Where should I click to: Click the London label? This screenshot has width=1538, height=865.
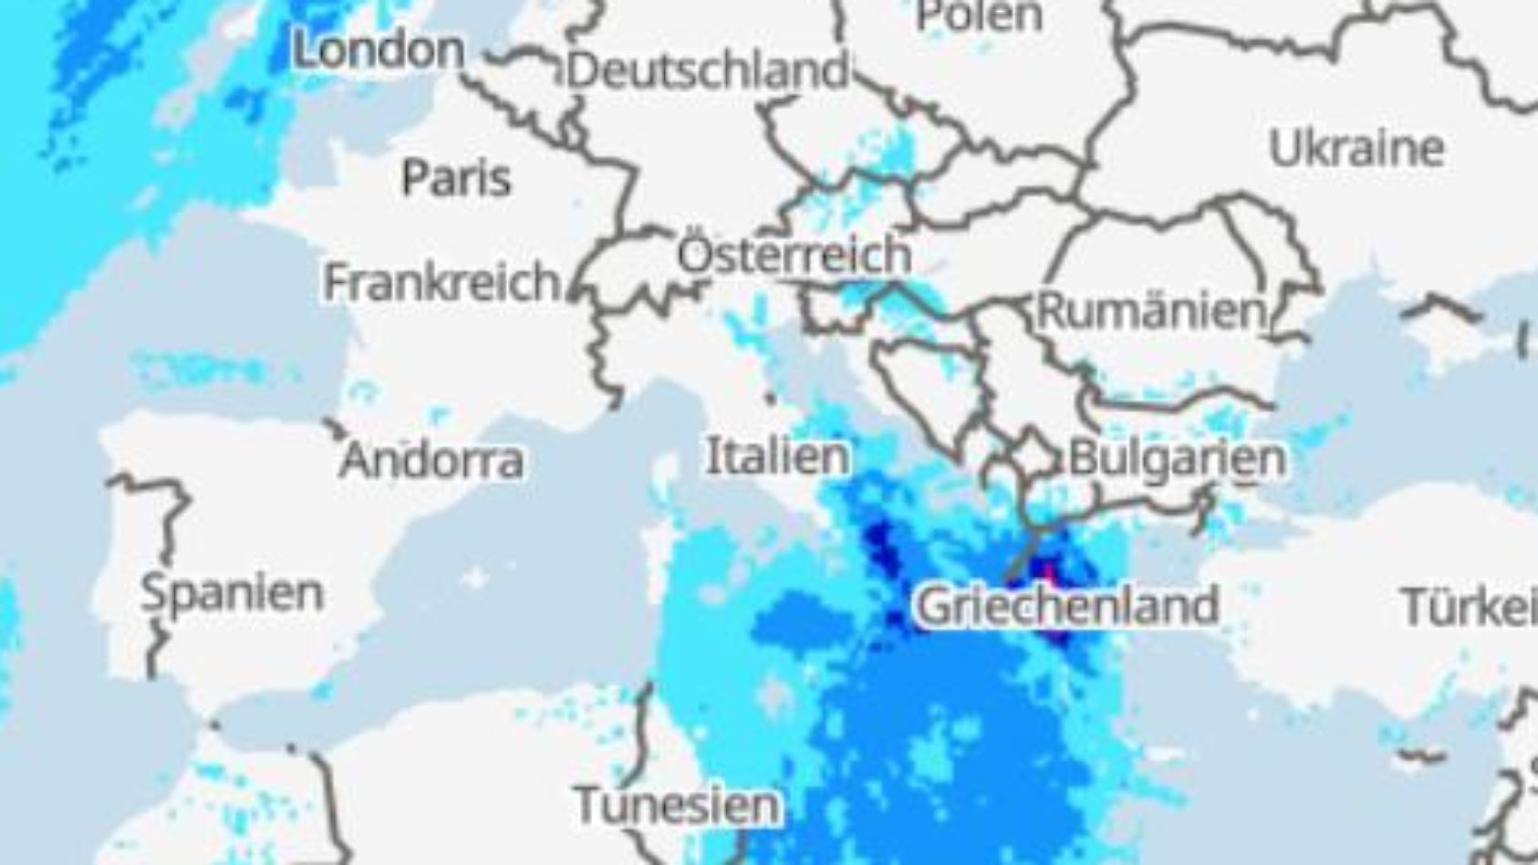pyautogui.click(x=379, y=49)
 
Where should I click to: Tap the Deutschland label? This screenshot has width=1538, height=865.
pyautogui.click(x=708, y=70)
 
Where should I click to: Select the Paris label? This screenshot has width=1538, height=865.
pyautogui.click(x=456, y=177)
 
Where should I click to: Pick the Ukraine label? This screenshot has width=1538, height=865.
pyautogui.click(x=1356, y=148)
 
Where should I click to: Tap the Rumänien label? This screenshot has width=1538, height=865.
pyautogui.click(x=1152, y=311)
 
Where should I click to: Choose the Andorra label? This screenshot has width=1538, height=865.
pyautogui.click(x=431, y=460)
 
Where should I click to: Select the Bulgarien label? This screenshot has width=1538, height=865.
pyautogui.click(x=1177, y=457)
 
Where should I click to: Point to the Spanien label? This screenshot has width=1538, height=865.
pyautogui.click(x=233, y=593)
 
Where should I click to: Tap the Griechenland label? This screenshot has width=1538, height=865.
pyautogui.click(x=1067, y=606)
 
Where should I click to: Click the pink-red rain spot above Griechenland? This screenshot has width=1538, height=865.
pyautogui.click(x=1049, y=574)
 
